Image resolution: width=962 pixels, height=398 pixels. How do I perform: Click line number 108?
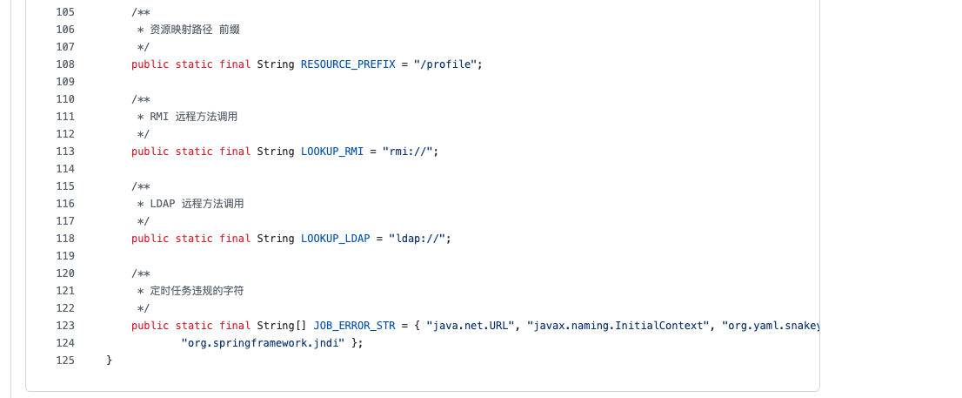[64, 64]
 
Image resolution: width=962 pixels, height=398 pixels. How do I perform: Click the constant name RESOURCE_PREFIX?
[348, 64]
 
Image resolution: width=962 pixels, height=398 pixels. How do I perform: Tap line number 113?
[64, 152]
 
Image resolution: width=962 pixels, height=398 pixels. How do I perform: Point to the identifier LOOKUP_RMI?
[332, 152]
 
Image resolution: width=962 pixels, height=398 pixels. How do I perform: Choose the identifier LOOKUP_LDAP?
[336, 239]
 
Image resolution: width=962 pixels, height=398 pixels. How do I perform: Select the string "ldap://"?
[420, 239]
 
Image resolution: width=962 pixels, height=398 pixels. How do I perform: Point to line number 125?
[64, 361]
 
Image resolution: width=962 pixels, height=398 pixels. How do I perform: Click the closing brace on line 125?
[109, 361]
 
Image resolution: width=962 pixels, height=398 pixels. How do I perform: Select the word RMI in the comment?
[159, 117]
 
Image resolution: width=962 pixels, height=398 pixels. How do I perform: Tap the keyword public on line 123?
[150, 326]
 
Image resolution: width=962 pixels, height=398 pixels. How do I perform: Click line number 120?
[64, 273]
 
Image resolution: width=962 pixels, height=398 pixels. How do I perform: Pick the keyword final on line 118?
[235, 239]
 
